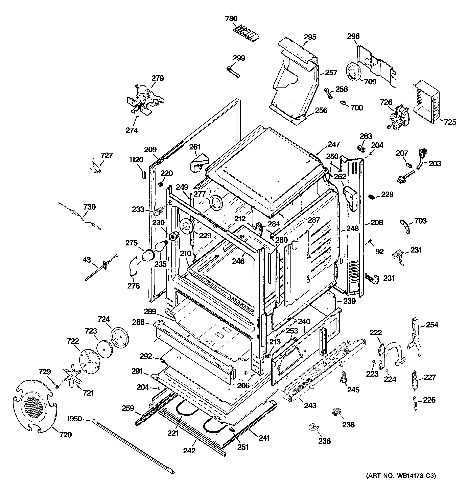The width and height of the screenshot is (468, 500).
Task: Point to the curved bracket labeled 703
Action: (x=405, y=226)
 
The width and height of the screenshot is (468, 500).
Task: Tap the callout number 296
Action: (x=353, y=36)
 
